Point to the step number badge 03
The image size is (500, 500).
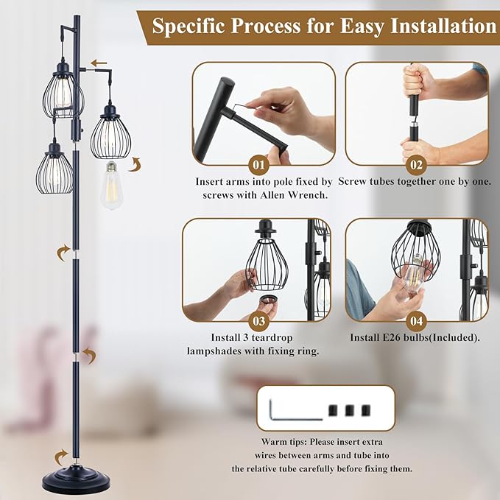coord(259,320)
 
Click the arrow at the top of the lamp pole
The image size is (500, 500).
coord(98,63)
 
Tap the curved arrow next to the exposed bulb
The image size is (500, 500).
coord(134,163)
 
